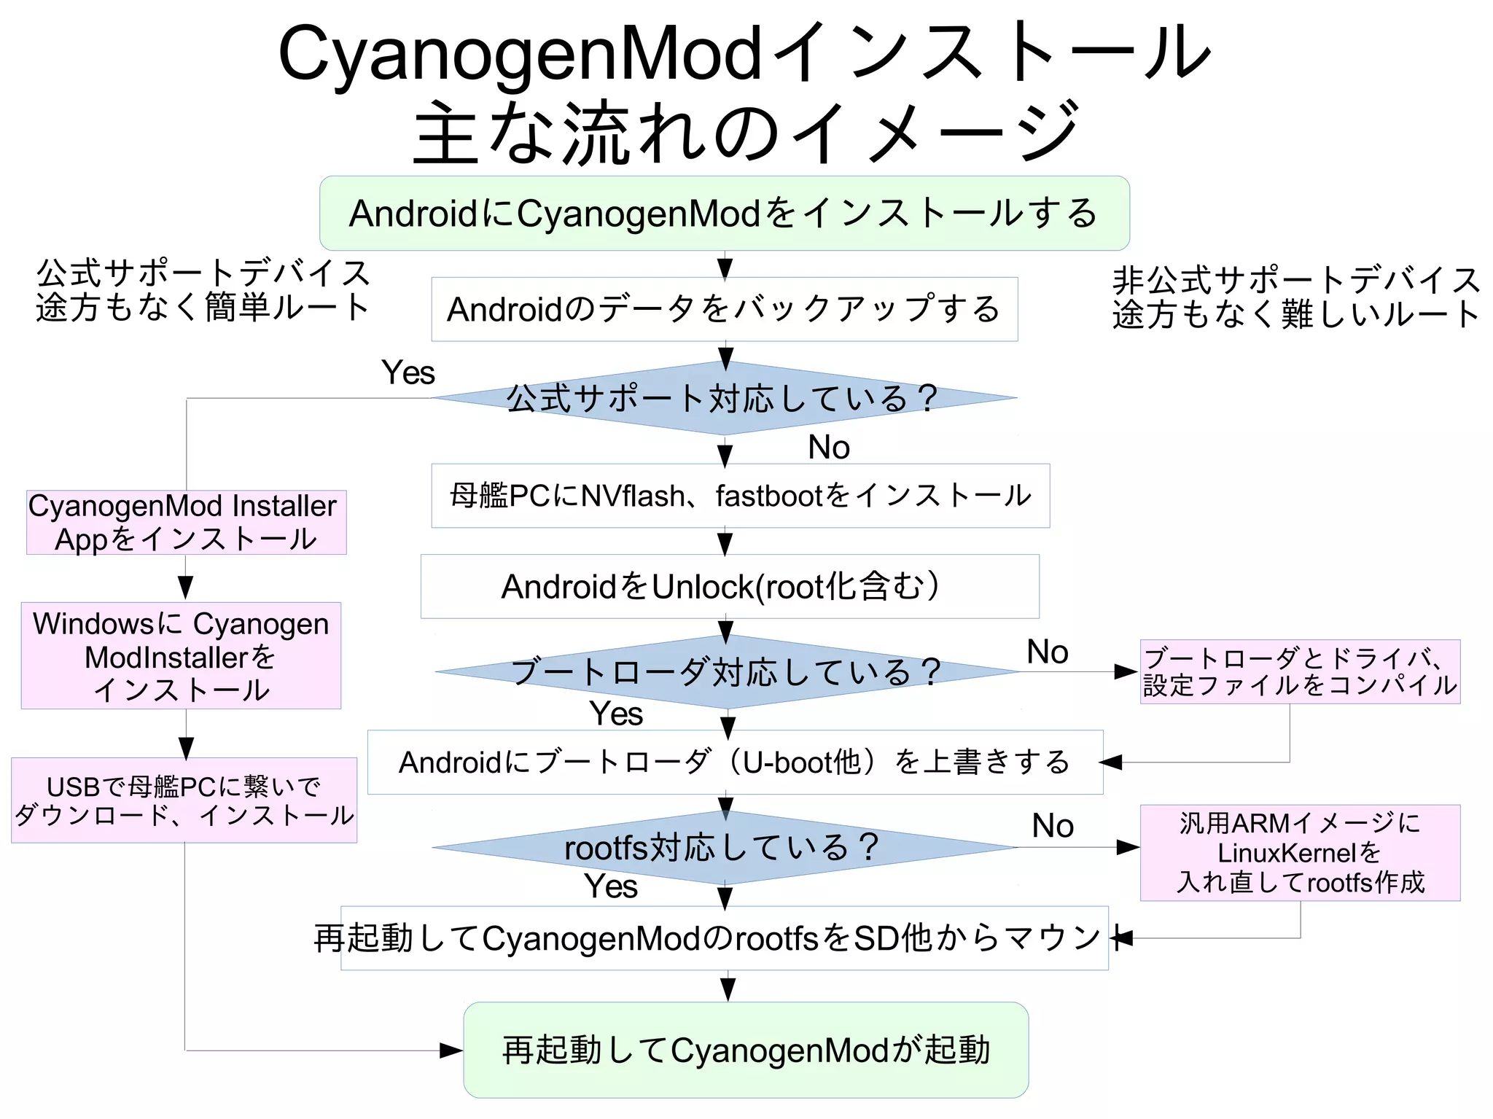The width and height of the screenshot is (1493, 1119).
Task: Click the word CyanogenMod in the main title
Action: (521, 54)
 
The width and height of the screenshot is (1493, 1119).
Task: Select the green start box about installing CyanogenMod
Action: (724, 213)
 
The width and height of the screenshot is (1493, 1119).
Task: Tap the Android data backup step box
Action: (724, 309)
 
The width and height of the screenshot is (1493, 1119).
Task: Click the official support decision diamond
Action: (724, 398)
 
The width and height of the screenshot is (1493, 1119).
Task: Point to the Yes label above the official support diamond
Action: (408, 373)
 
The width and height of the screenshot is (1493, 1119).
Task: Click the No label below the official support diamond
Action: (829, 447)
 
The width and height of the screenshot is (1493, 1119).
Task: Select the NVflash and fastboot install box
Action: (740, 496)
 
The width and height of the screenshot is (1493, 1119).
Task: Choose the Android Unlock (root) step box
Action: (729, 586)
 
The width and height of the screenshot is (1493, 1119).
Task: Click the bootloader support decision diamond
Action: (726, 671)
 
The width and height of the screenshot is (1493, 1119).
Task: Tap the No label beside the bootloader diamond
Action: (1048, 652)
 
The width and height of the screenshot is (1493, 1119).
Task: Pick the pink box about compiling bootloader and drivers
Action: (1300, 671)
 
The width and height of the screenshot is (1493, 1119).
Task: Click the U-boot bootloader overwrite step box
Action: (735, 762)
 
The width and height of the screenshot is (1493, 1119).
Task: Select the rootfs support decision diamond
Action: (723, 847)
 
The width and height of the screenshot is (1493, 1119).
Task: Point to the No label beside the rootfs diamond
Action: (1053, 826)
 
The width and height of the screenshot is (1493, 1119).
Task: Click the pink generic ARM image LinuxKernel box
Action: (1300, 853)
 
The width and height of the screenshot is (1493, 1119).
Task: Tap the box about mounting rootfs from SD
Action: (724, 938)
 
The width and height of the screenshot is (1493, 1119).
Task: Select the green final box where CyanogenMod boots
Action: (746, 1050)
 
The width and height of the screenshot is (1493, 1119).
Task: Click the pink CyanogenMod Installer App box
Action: (186, 523)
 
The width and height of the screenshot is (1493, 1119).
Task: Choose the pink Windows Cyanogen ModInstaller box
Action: (181, 656)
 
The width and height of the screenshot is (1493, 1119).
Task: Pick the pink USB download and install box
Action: (184, 800)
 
